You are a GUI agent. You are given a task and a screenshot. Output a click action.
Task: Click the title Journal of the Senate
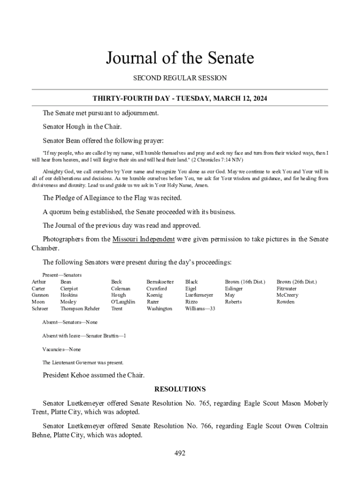[180, 58]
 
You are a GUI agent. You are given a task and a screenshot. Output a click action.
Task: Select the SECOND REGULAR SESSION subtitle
[180, 78]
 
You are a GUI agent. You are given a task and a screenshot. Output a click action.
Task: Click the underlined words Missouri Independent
[144, 239]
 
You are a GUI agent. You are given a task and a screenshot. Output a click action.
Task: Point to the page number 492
[180, 453]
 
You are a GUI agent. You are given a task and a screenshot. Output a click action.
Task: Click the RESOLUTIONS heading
[180, 389]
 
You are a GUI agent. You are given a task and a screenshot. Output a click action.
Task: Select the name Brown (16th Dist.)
[245, 282]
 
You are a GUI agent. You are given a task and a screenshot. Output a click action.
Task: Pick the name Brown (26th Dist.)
[296, 282]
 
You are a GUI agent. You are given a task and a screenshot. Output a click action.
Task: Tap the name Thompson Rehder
[80, 309]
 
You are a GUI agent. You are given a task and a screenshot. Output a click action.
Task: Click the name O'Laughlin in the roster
[122, 302]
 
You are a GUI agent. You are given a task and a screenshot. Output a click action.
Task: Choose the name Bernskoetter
[160, 282]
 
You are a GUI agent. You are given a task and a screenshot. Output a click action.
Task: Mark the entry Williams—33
[200, 309]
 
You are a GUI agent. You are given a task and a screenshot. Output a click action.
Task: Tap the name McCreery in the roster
[287, 295]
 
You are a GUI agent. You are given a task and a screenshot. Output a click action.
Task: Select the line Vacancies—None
[61, 349]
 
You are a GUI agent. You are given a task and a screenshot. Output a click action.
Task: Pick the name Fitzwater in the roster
[286, 289]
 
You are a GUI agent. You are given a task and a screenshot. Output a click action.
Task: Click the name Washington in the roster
[159, 309]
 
